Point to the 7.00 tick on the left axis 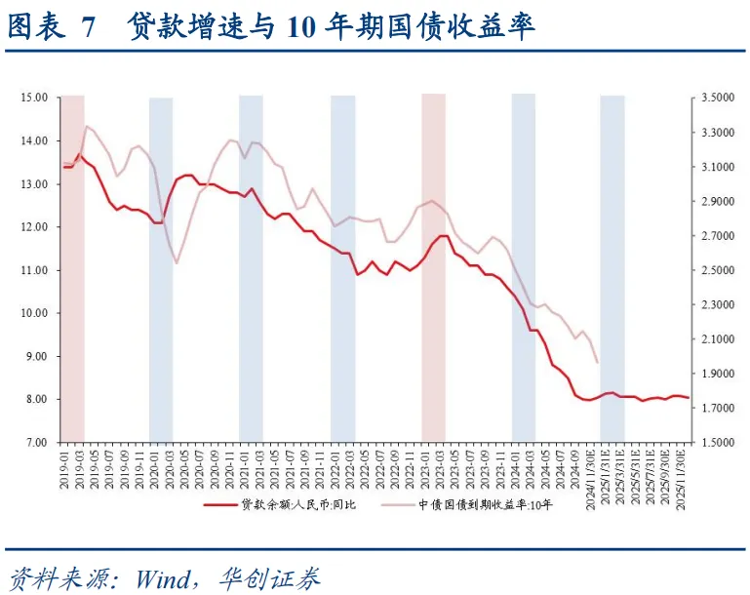click(x=36, y=442)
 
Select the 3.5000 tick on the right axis click(x=716, y=98)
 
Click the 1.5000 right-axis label click(x=716, y=442)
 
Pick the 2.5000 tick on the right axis click(x=716, y=270)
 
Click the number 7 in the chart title click(x=90, y=27)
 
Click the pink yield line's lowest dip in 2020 click(x=177, y=263)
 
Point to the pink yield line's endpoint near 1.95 click(x=597, y=363)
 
